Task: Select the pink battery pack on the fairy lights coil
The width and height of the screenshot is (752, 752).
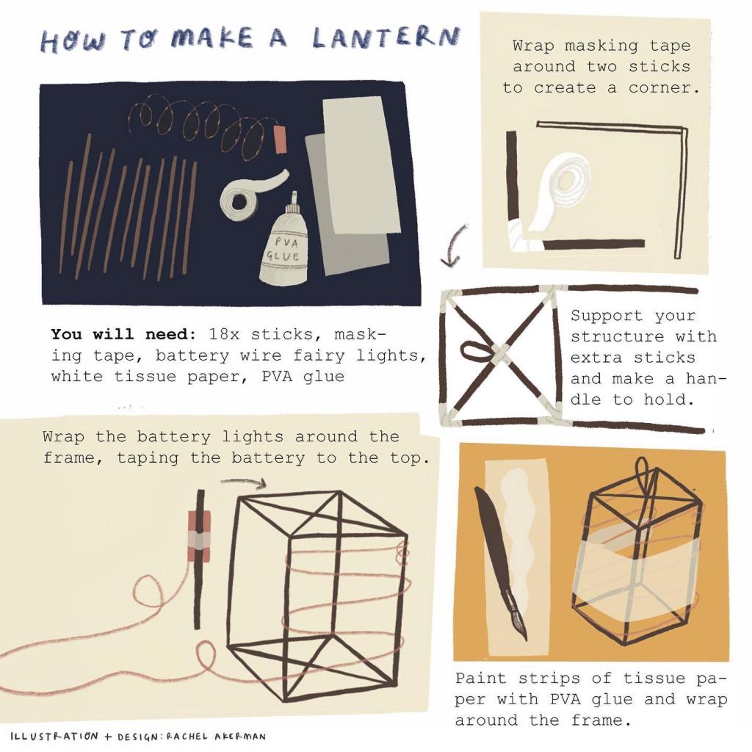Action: pos(280,140)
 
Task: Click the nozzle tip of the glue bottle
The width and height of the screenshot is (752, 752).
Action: pos(294,193)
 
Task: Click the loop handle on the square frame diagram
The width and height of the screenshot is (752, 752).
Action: pos(475,350)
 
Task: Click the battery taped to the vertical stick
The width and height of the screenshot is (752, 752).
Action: pos(199,537)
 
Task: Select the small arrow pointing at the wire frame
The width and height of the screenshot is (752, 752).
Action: pos(244,482)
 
